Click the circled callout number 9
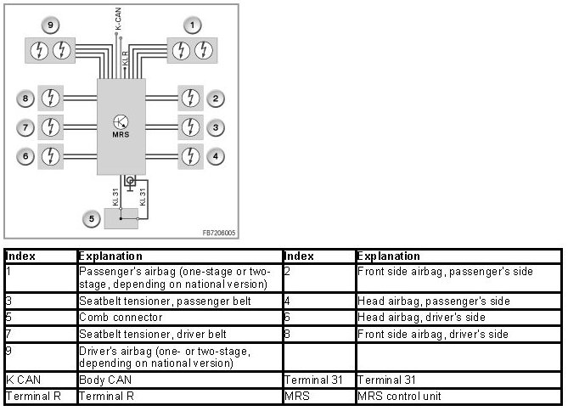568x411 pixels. pyautogui.click(x=53, y=25)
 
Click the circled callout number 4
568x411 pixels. pyautogui.click(x=217, y=156)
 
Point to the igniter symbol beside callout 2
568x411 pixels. pyautogui.click(x=192, y=99)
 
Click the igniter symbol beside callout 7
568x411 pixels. pyautogui.click(x=52, y=128)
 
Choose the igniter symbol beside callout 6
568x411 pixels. pyautogui.click(x=52, y=156)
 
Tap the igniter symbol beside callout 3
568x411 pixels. pyautogui.click(x=192, y=128)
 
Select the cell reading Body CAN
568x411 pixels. pyautogui.click(x=101, y=380)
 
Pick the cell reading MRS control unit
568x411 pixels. pyautogui.click(x=400, y=396)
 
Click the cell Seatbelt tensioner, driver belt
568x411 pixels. pyautogui.click(x=141, y=334)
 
